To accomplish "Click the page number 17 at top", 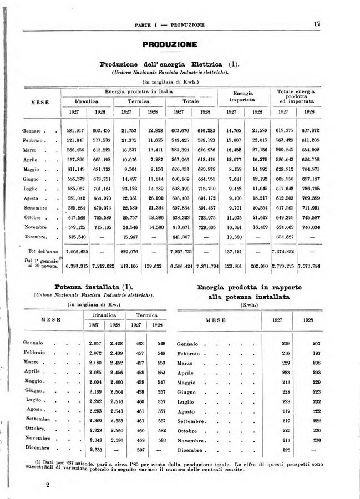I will tap(316, 24).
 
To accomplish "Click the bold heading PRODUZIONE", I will tap(170, 44).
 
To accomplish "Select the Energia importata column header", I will tap(242, 96).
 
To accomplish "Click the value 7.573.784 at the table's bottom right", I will tap(308, 266).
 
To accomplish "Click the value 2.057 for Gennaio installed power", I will tap(95, 343).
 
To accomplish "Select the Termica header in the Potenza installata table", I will tap(150, 314).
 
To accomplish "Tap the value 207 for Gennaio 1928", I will tap(316, 344).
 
